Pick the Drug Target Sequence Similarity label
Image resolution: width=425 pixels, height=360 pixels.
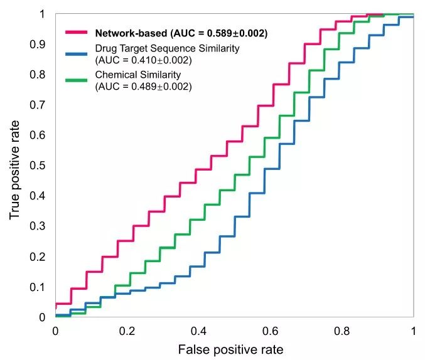[167, 49]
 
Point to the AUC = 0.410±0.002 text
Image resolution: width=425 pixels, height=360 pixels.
[143, 61]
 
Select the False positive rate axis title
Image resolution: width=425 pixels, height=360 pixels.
[230, 349]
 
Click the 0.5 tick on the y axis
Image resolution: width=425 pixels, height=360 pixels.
[38, 166]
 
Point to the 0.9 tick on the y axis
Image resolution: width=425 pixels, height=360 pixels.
[38, 45]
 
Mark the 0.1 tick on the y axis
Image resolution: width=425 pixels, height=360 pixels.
[38, 287]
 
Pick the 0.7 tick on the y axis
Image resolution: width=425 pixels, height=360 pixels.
[38, 105]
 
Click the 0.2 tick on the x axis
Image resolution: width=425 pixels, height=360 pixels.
[127, 330]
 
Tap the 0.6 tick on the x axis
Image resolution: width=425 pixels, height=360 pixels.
[271, 330]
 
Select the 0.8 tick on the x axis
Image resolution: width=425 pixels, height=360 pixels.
[342, 330]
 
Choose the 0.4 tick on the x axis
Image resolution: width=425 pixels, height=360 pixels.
[199, 330]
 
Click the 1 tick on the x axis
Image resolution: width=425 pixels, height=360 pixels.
[413, 330]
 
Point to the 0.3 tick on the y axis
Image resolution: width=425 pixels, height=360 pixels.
[38, 226]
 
